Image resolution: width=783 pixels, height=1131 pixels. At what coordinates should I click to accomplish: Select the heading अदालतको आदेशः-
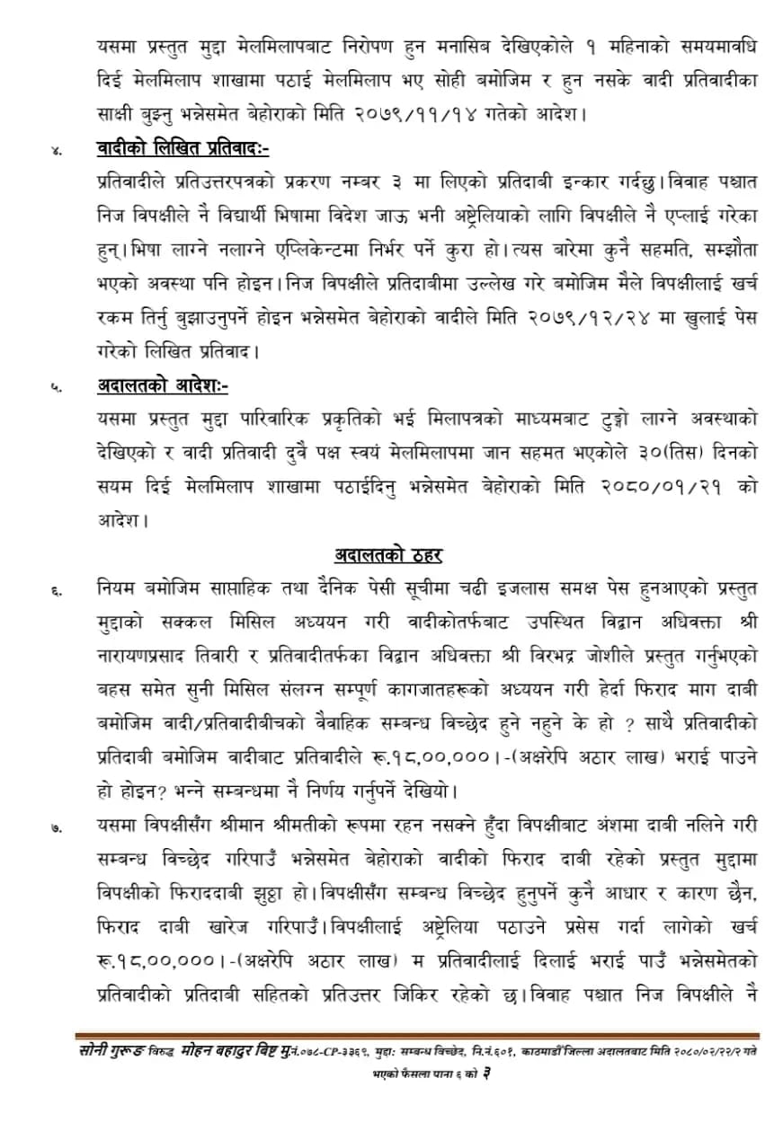[x=163, y=386]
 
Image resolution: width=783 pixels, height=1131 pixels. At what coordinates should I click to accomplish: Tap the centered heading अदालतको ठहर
[x=391, y=555]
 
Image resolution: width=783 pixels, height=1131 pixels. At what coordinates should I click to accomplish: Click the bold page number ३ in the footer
[x=485, y=1073]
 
